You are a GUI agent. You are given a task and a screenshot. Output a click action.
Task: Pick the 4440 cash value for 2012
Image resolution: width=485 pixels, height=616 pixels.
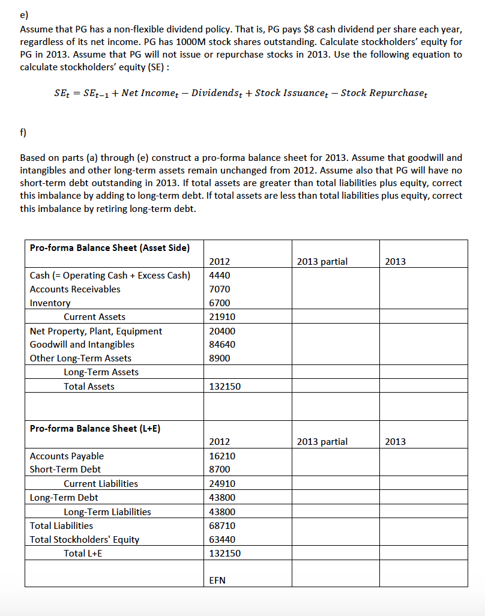219,276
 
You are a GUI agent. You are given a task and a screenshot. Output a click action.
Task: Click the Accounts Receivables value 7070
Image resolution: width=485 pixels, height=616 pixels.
219,289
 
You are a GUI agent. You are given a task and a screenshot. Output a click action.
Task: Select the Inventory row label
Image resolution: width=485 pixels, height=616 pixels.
50,303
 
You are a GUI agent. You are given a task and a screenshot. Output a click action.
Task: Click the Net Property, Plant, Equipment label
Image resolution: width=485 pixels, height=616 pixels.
96,331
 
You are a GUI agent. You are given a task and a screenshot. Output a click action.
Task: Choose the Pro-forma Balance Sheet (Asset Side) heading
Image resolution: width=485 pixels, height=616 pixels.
110,248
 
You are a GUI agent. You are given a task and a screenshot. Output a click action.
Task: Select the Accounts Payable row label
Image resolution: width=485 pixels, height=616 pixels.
67,456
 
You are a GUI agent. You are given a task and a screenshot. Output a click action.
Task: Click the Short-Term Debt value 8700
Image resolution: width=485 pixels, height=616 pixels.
219,470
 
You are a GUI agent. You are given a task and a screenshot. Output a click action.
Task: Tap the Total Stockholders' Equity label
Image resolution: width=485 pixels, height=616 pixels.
85,539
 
